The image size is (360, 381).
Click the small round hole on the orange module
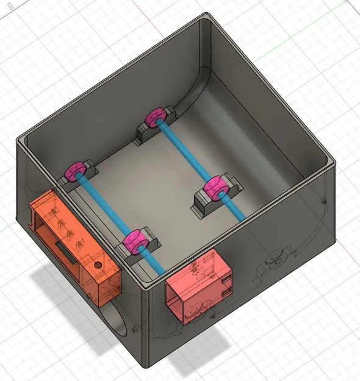click(96, 266)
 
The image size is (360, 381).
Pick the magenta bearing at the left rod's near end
click(134, 243)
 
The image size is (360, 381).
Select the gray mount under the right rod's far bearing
click(146, 131)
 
